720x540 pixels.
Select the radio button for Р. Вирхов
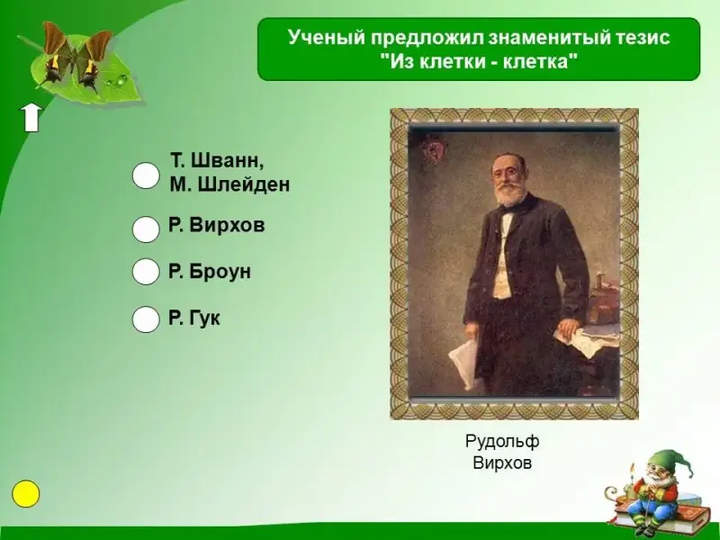click(146, 229)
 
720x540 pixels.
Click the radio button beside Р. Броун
click(146, 272)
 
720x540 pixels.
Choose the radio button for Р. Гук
click(146, 319)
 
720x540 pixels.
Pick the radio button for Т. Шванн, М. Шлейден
click(146, 175)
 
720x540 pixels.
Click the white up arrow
click(31, 118)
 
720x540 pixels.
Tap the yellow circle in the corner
click(26, 494)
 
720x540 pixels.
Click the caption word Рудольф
click(502, 441)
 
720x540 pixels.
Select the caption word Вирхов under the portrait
click(502, 463)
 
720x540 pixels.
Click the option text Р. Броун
click(210, 272)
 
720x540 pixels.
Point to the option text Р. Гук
click(194, 319)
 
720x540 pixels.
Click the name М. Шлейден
click(229, 184)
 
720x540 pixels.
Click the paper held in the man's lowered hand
click(463, 362)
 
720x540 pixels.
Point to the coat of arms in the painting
click(433, 149)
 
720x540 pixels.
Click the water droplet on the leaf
click(121, 81)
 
